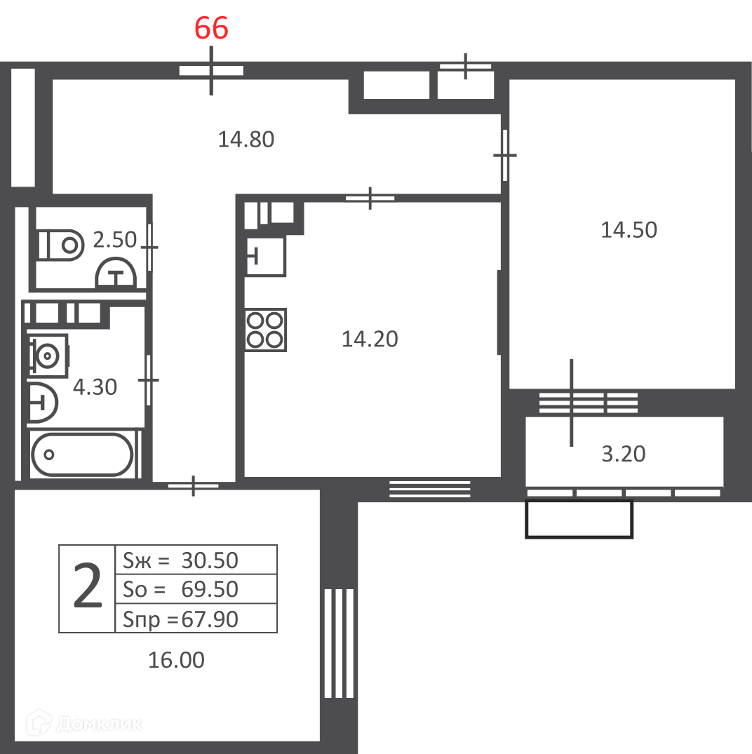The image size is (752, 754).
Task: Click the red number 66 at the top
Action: click(x=211, y=28)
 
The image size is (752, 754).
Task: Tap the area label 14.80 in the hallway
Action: click(x=246, y=140)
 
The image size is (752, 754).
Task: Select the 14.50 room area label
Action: click(x=629, y=230)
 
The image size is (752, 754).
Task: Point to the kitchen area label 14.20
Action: click(x=369, y=339)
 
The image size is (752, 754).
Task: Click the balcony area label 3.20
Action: click(x=623, y=454)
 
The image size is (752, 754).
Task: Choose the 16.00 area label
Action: click(x=176, y=660)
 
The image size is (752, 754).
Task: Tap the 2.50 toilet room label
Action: click(x=114, y=239)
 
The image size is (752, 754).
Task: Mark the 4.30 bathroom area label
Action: click(x=95, y=387)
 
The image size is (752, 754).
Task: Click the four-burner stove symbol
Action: click(x=265, y=330)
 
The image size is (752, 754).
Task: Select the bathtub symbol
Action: click(x=82, y=455)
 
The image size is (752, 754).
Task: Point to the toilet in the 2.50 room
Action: click(x=61, y=245)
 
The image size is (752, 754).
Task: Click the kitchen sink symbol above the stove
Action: click(x=265, y=256)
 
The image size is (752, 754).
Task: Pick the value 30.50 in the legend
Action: click(x=210, y=560)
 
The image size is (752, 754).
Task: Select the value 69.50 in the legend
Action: click(x=210, y=589)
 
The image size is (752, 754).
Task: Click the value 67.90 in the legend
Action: click(x=210, y=619)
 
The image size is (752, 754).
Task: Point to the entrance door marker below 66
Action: click(x=211, y=71)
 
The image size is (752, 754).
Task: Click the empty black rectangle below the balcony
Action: click(x=579, y=519)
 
